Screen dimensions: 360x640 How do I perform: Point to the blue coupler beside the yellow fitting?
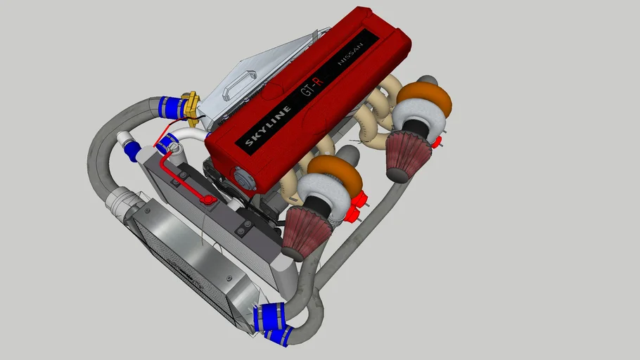coord(172,108)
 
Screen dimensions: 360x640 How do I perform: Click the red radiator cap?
coord(208,200)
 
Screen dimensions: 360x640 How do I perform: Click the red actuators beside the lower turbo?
coord(363,202)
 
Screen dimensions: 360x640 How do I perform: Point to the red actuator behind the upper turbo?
coord(436,143)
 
